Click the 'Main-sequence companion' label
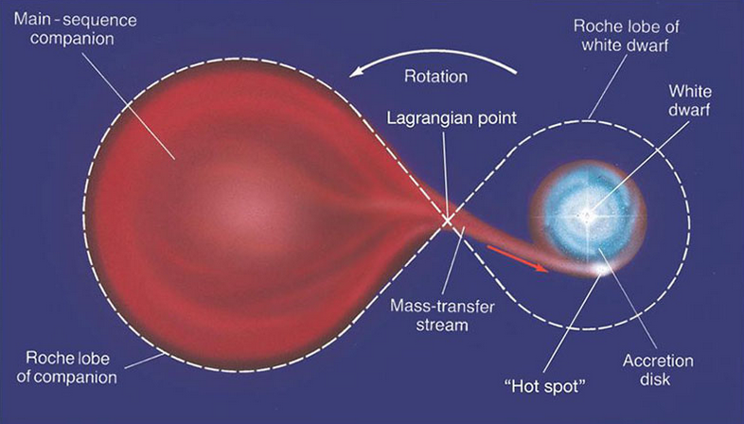click(x=76, y=29)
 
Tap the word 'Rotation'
click(x=435, y=77)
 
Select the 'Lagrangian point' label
click(x=452, y=117)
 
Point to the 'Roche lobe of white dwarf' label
click(x=626, y=36)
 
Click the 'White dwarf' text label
click(x=689, y=100)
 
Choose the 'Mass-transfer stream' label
click(x=442, y=315)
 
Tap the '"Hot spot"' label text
click(x=545, y=386)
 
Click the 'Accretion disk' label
click(x=658, y=370)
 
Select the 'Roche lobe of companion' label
click(x=66, y=367)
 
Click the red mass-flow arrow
click(x=517, y=258)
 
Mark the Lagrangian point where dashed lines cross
click(x=447, y=221)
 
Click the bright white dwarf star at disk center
click(x=587, y=216)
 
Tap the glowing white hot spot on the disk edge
click(x=602, y=270)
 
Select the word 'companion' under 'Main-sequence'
click(x=72, y=39)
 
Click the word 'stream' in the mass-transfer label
click(x=442, y=325)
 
